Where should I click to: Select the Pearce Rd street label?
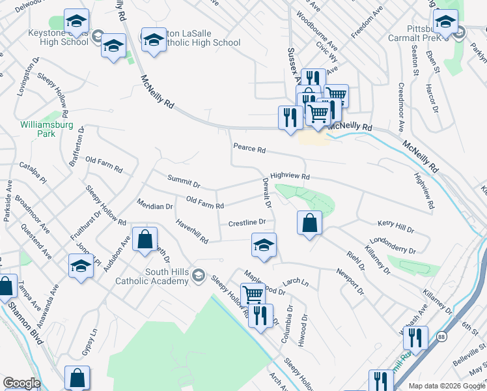pos(249,149)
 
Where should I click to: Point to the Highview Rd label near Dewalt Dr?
pos(290,176)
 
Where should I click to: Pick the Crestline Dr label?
pos(247,223)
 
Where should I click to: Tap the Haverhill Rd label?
pos(191,231)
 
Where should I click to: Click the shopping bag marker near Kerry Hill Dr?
pos(310,223)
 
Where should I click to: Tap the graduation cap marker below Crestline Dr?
pos(264,246)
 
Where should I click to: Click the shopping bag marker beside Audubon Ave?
pos(145,239)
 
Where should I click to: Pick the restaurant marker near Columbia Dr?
pos(260,316)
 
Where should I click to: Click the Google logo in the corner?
pos(21,383)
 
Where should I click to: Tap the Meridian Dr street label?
pos(155,207)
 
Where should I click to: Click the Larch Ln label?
pos(295,282)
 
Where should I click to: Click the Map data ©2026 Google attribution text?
pos(446,386)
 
